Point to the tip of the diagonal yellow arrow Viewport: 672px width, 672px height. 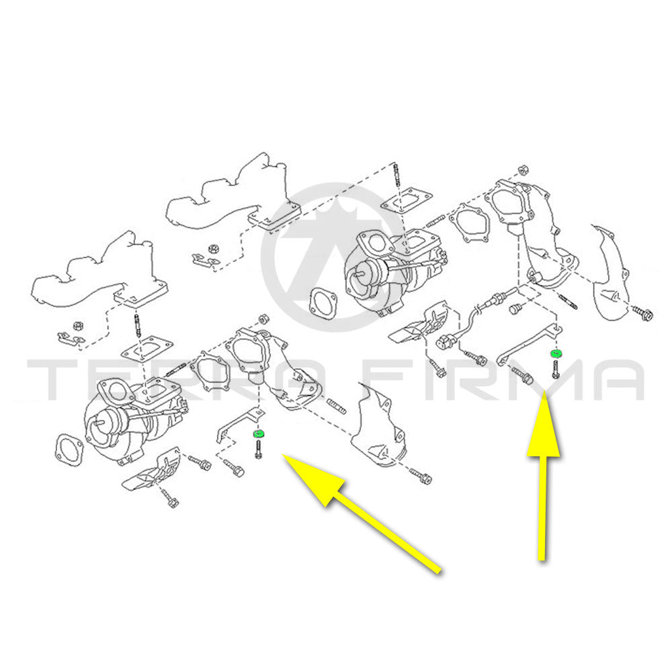tap(284, 456)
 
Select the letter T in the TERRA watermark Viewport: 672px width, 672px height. tap(54, 380)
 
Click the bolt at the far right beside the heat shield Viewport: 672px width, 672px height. tap(642, 312)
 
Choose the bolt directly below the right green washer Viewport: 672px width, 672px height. tap(556, 369)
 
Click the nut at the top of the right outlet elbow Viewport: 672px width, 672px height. tap(523, 169)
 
